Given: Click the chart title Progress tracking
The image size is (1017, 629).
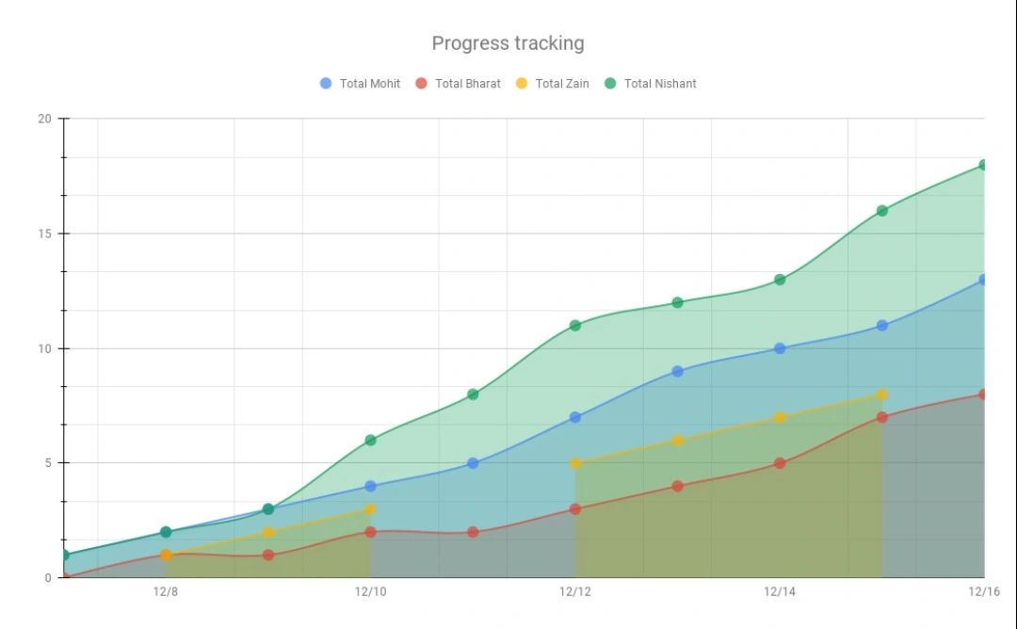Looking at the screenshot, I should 508,43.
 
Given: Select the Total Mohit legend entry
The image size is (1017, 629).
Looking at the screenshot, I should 360,84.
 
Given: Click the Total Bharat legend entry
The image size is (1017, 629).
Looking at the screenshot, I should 458,84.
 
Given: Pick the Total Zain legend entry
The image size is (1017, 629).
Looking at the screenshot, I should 552,84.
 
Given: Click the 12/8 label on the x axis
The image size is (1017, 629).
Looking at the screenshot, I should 166,592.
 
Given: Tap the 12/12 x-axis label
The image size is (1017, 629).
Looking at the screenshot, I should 575,592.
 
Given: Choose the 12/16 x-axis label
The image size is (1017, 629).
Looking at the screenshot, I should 983,592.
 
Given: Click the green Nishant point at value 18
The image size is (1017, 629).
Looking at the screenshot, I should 983,165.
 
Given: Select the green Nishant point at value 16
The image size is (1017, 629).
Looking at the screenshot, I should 882,211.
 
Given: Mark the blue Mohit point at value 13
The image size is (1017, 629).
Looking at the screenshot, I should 983,280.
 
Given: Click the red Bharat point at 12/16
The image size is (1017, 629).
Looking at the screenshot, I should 983,395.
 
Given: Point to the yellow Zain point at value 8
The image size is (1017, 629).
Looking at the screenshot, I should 882,395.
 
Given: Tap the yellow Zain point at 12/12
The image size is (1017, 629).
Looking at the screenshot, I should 575,463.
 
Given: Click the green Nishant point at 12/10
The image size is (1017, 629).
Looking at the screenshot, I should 370,440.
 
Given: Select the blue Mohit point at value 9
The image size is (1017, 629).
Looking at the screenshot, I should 677,371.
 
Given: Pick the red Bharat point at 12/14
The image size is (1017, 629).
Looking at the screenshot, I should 780,463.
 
